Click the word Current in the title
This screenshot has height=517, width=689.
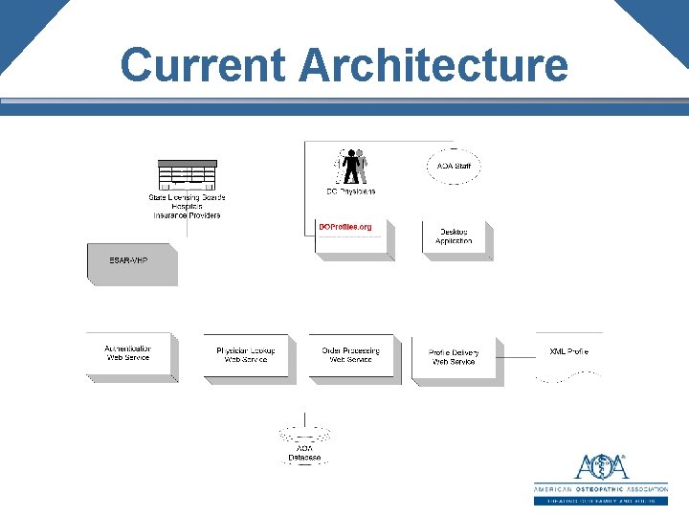click(204, 65)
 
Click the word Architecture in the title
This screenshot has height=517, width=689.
click(433, 65)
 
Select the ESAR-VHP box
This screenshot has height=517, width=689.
click(131, 264)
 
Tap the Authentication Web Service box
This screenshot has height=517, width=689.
click(129, 355)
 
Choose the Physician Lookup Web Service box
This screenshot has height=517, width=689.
click(247, 357)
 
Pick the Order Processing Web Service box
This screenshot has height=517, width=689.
click(351, 357)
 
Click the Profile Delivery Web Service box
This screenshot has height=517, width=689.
click(455, 359)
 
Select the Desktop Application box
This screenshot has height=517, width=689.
click(455, 238)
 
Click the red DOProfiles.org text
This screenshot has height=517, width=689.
click(344, 227)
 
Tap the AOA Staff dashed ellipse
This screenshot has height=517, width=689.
click(454, 167)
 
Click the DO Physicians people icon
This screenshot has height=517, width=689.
click(353, 166)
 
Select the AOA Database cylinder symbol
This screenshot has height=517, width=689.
click(304, 436)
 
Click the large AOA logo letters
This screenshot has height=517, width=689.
click(601, 467)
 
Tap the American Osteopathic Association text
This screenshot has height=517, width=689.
click(600, 489)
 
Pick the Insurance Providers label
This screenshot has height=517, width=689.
click(187, 215)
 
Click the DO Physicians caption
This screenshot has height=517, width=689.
click(351, 191)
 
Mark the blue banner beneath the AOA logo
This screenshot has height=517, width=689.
click(600, 501)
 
